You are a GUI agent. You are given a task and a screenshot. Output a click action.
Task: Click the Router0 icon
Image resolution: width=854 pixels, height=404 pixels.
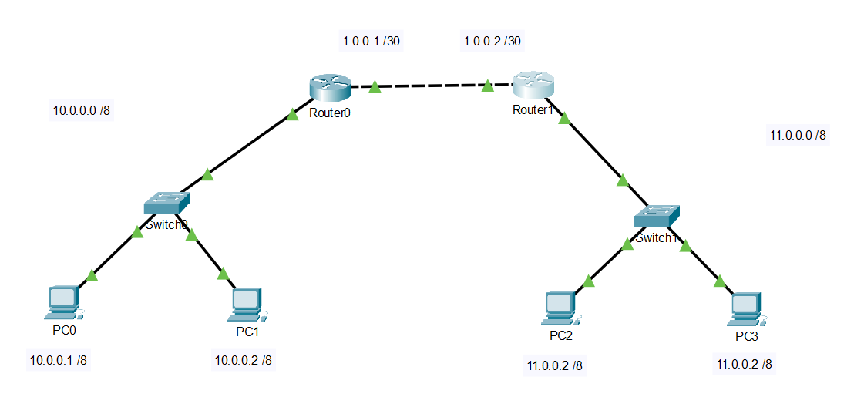330,87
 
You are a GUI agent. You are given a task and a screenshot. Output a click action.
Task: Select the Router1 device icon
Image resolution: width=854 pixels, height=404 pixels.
533,84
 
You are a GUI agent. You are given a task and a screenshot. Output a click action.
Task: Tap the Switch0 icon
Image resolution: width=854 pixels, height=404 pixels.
166,204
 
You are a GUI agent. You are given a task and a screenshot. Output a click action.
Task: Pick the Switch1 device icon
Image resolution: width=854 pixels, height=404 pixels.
657,217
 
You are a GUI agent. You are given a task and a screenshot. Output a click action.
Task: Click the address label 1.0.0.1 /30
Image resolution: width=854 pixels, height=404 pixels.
372,41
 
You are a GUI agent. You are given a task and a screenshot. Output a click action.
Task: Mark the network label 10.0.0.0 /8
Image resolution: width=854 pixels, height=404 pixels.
81,110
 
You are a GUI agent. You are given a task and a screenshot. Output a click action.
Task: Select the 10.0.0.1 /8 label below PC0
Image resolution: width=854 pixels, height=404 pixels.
58,359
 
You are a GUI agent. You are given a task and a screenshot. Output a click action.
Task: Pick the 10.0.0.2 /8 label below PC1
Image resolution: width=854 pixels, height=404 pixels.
243,359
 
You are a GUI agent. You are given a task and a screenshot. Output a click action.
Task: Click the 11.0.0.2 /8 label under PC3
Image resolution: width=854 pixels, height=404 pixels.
744,364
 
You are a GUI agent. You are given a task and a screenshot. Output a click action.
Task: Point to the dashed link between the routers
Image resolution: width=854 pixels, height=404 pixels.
432,86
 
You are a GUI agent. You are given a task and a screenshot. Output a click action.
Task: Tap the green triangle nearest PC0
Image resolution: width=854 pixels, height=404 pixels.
92,275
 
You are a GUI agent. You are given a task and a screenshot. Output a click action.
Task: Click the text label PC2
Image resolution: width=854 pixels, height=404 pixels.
560,336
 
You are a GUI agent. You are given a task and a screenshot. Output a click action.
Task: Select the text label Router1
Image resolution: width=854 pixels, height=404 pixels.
533,109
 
